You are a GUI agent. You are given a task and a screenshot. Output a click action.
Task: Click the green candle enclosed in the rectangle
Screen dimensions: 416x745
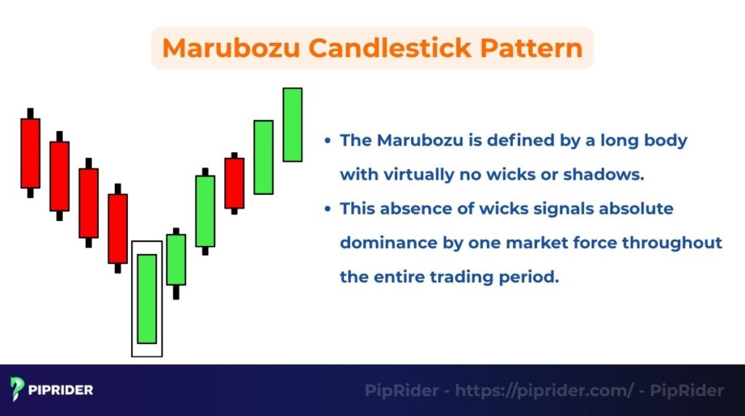(147, 298)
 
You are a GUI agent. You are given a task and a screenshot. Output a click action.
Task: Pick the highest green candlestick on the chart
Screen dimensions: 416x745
(292, 124)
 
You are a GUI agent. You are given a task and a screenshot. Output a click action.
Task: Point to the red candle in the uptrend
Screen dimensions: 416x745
(234, 183)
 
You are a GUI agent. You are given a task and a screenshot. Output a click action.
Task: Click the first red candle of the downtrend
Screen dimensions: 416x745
(31, 153)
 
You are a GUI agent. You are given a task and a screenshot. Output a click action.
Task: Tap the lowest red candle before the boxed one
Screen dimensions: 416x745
(118, 228)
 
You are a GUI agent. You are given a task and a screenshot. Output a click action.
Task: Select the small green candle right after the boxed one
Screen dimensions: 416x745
(176, 259)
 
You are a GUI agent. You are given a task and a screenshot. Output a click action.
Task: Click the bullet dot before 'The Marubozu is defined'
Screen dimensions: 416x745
(329, 141)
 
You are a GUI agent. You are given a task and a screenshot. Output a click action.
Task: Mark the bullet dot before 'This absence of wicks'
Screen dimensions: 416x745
(329, 209)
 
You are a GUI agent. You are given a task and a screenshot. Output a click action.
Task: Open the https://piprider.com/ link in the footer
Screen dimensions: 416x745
(544, 391)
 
